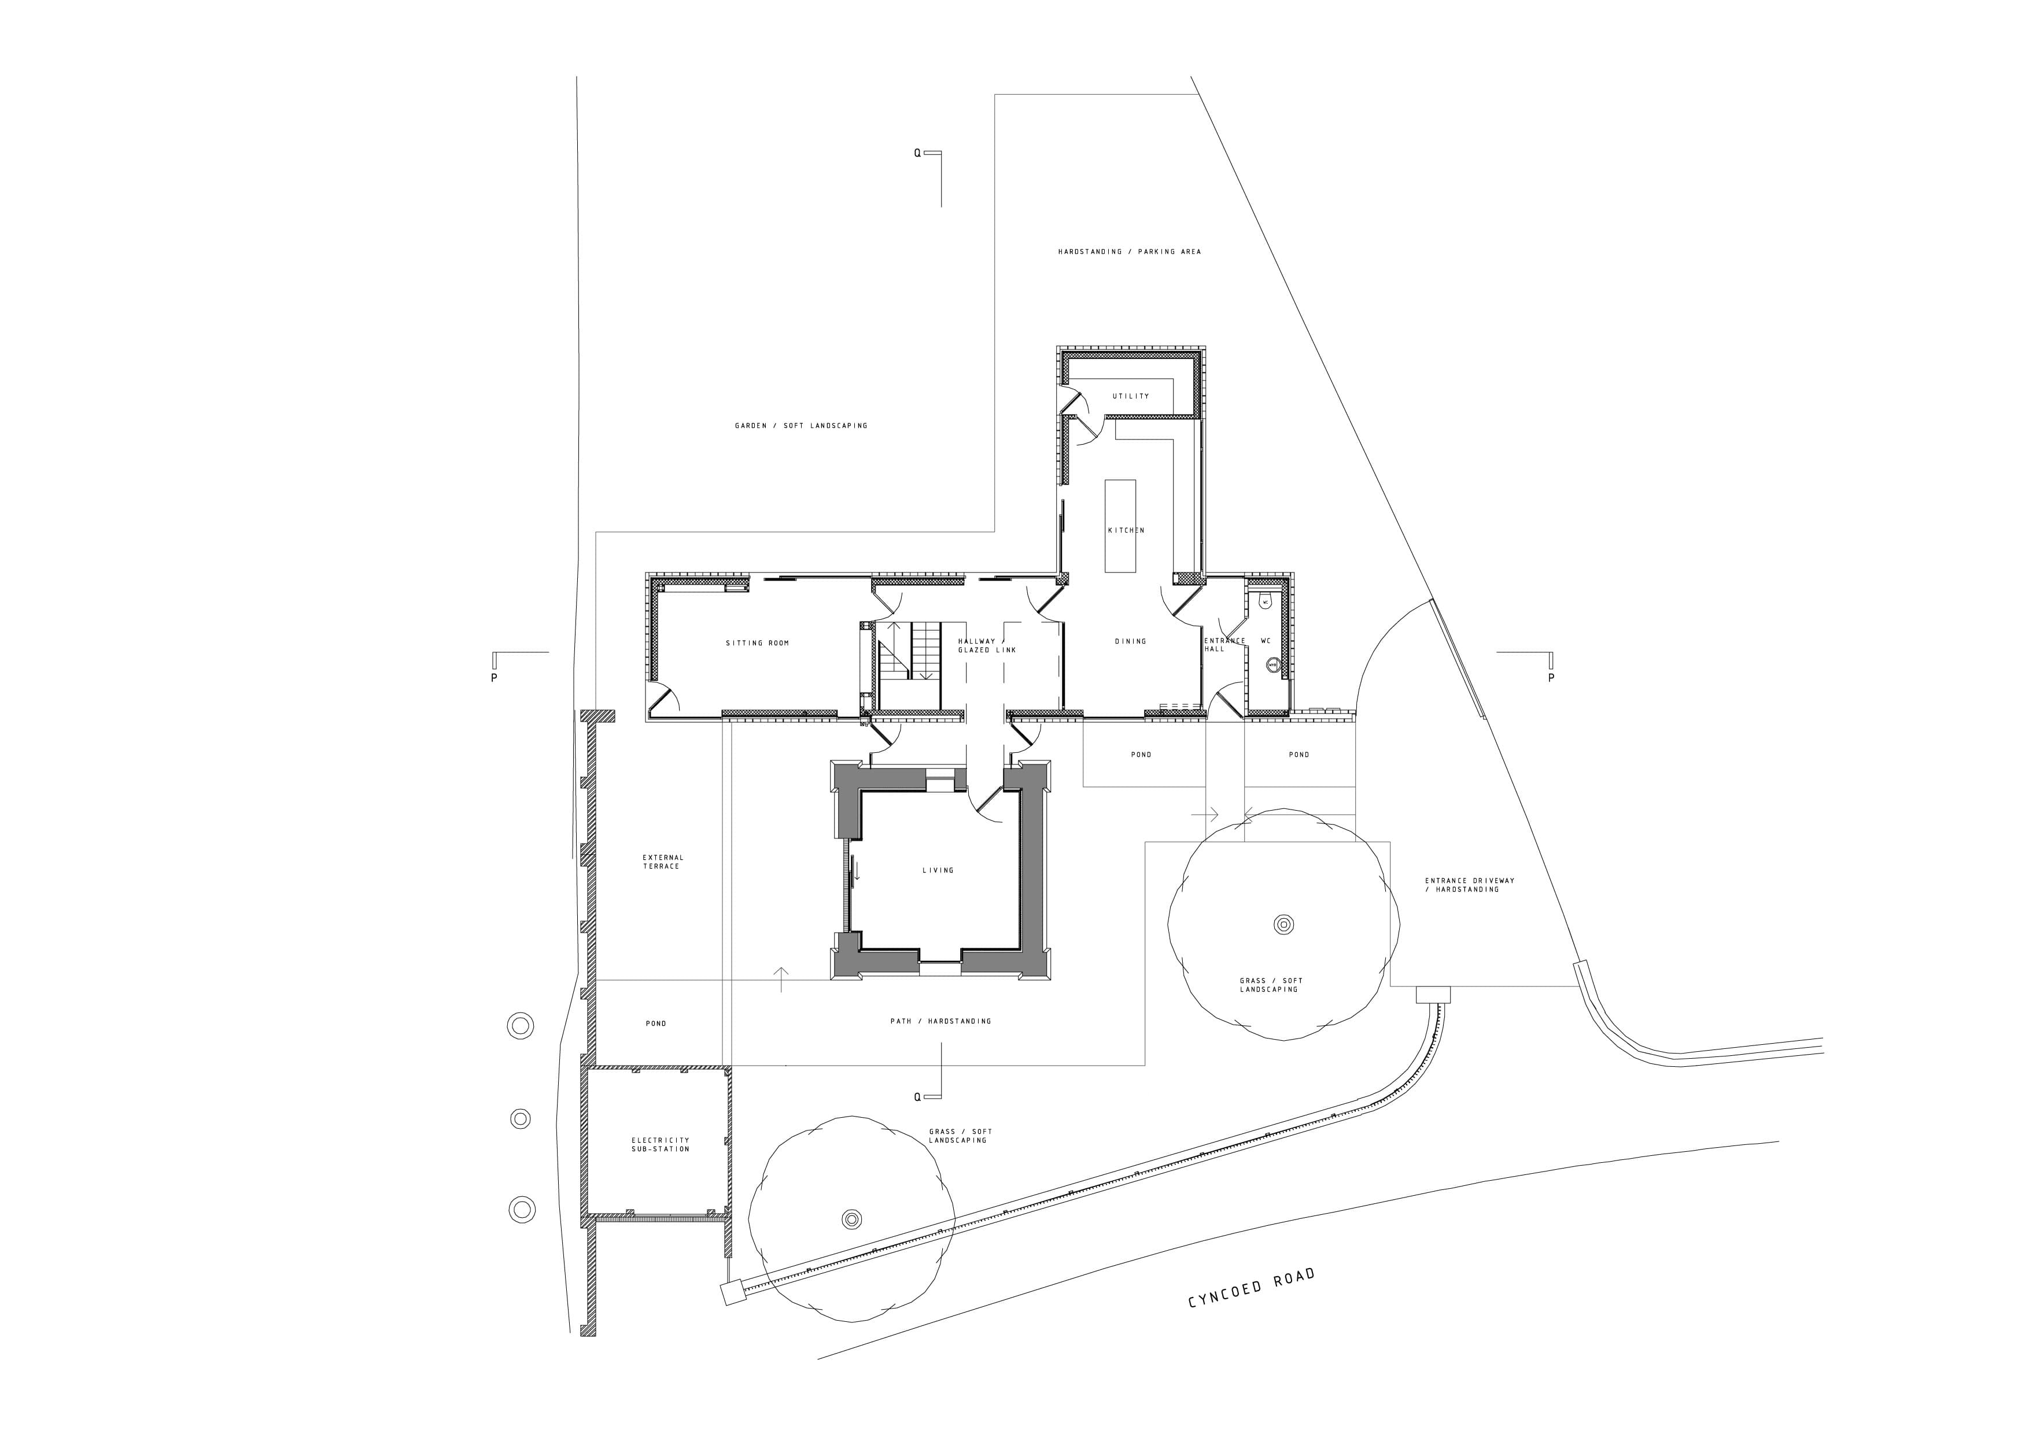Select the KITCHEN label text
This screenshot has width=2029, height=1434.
[1126, 530]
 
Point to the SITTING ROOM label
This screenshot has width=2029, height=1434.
[757, 643]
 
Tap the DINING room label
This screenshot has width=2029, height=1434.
[1130, 641]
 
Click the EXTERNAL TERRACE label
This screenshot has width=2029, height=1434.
[663, 862]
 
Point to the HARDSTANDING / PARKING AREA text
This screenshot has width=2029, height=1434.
[1130, 252]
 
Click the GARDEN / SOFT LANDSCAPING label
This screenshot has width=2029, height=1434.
[800, 426]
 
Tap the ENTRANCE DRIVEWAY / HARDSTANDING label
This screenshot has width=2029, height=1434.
[1470, 885]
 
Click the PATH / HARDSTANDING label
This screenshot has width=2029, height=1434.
[940, 1021]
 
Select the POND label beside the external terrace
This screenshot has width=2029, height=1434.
[656, 1023]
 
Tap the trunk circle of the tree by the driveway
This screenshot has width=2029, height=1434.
[1283, 925]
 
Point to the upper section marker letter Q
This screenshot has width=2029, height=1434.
[917, 153]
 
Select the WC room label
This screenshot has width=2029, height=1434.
[1266, 641]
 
